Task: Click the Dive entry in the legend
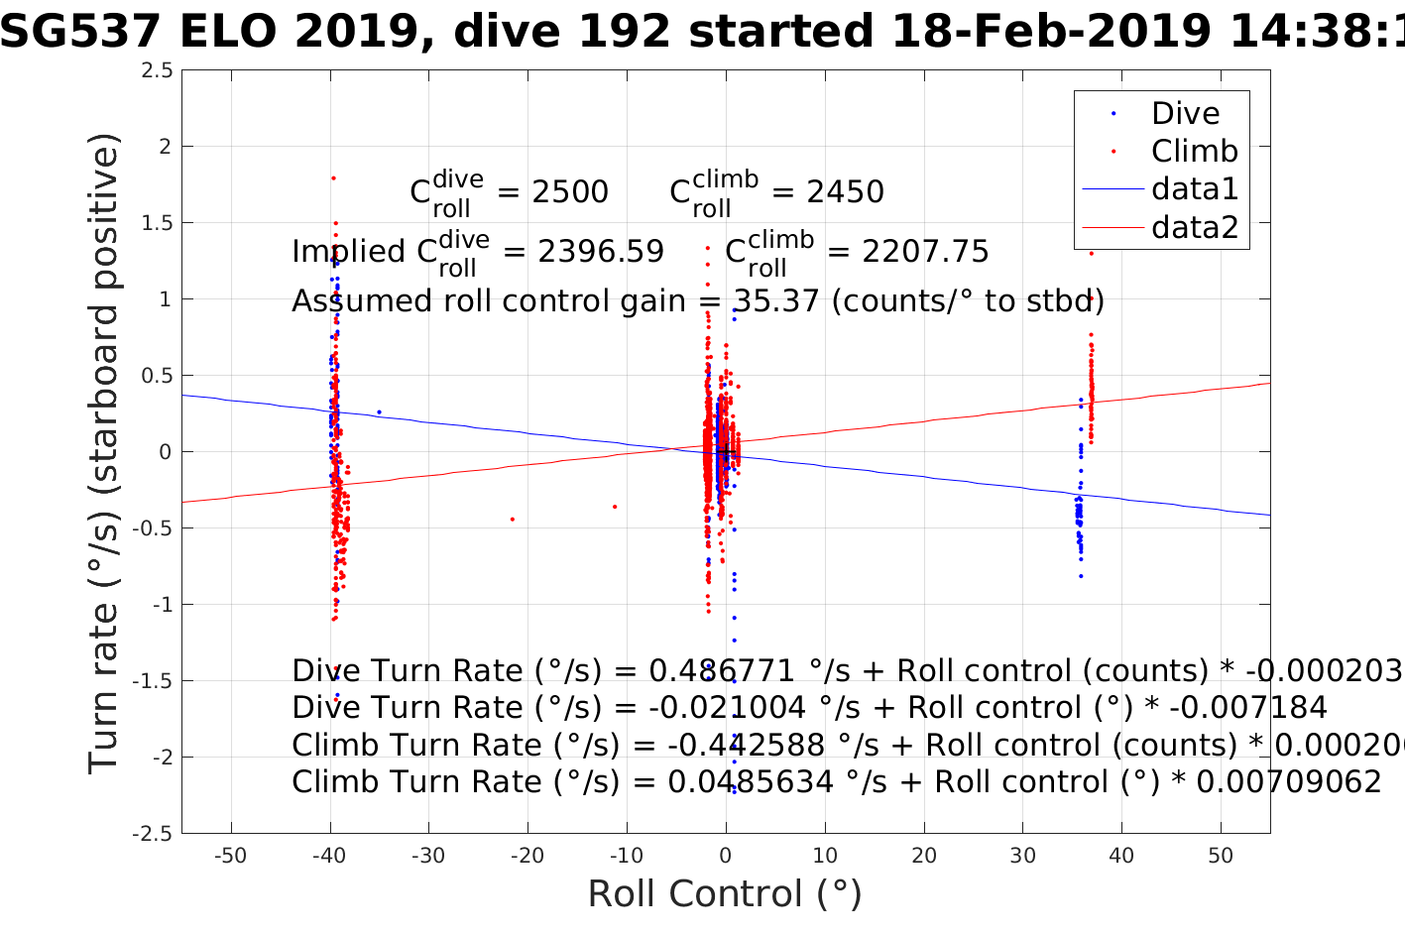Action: (x=1185, y=113)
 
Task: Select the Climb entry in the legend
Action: (x=1194, y=151)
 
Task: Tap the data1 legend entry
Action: (x=1194, y=188)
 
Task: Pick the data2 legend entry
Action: (x=1194, y=227)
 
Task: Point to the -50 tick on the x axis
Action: (x=230, y=856)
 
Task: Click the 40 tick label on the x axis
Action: (x=1121, y=856)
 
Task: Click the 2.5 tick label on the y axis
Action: (x=156, y=70)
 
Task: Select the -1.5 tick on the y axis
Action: (x=151, y=681)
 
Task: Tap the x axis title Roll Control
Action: (x=725, y=894)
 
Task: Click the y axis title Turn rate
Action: (x=103, y=452)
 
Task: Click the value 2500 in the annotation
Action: (x=570, y=191)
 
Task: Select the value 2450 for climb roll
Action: (x=845, y=191)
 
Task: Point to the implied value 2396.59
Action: (x=601, y=252)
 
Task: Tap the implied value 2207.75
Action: (x=925, y=252)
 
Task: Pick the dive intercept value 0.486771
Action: (x=722, y=671)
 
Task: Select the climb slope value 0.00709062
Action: (x=1289, y=782)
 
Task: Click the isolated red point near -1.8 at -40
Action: (x=334, y=177)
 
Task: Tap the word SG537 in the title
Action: (x=79, y=32)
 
